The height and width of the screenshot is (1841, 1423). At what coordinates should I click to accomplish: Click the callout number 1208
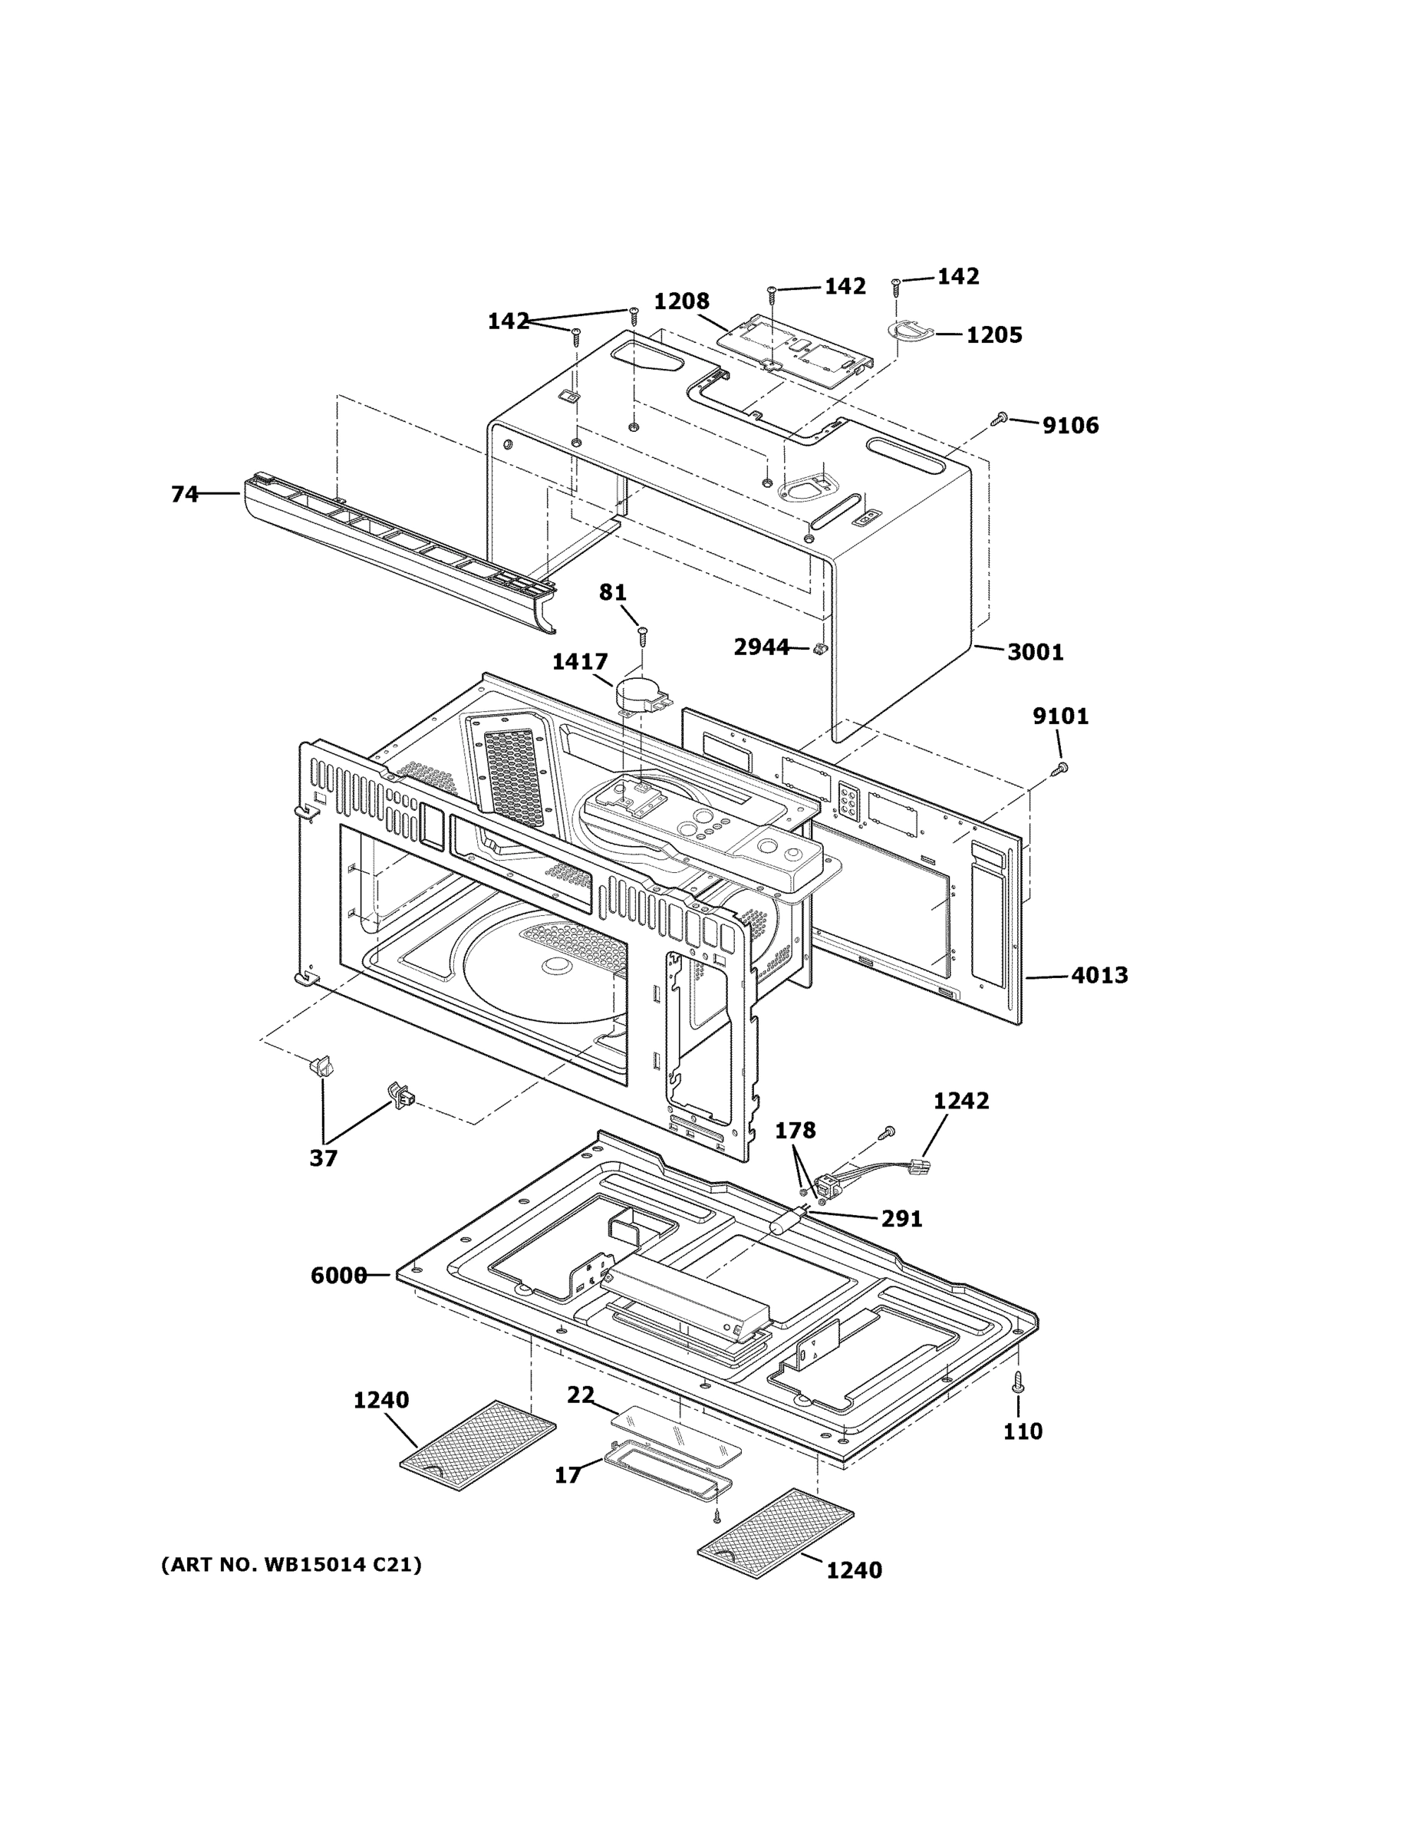681,301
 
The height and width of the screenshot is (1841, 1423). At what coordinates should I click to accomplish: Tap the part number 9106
1070,426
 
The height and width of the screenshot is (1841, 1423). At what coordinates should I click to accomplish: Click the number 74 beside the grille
185,494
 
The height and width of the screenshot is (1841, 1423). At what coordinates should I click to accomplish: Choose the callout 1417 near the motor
580,662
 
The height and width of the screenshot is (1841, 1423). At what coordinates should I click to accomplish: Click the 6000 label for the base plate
338,1276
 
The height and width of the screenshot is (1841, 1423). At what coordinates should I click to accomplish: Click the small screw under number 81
642,631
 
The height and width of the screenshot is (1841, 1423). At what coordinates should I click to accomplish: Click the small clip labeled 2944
818,648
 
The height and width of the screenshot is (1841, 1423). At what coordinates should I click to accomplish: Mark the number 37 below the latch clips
323,1158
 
